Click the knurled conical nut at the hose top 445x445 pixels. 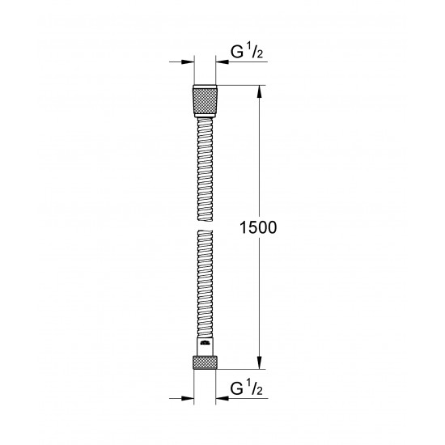coord(206,100)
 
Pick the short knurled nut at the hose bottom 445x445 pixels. coord(206,362)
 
